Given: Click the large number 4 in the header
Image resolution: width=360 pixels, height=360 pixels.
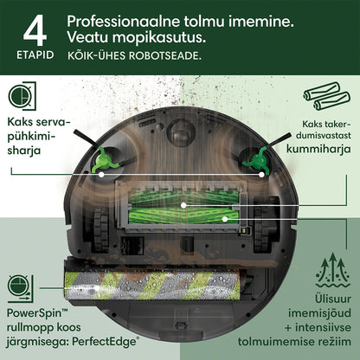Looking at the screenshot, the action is click(x=35, y=30).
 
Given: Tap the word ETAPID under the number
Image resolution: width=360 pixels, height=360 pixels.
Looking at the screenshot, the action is click(x=35, y=55).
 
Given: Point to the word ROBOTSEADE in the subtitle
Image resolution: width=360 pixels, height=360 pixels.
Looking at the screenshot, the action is click(x=164, y=55).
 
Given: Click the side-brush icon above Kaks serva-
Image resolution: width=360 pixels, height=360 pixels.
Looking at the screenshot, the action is click(x=22, y=96).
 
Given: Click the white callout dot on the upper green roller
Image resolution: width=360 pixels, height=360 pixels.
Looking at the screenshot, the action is click(x=183, y=205).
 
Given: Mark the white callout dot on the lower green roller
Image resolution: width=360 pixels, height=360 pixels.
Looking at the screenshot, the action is click(x=225, y=219).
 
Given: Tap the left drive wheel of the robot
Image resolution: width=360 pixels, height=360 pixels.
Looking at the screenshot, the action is click(x=101, y=228).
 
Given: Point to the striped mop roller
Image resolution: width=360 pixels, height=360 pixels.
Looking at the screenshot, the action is click(x=152, y=286).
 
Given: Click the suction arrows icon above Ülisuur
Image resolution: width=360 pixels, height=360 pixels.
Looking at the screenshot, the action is click(x=333, y=271).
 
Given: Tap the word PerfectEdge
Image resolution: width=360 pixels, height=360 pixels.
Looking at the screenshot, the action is click(x=106, y=342).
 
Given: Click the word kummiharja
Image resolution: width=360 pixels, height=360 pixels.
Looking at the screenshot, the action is click(x=318, y=149).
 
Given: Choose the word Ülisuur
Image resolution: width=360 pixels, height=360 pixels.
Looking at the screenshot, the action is click(x=333, y=299).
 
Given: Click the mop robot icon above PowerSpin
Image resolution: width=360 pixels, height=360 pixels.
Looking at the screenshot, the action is click(x=21, y=288).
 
